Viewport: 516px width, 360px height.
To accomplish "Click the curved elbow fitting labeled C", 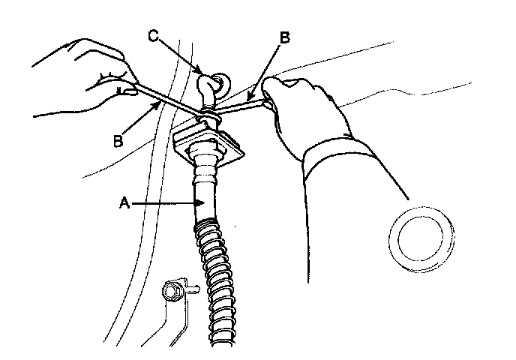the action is [206, 91].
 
